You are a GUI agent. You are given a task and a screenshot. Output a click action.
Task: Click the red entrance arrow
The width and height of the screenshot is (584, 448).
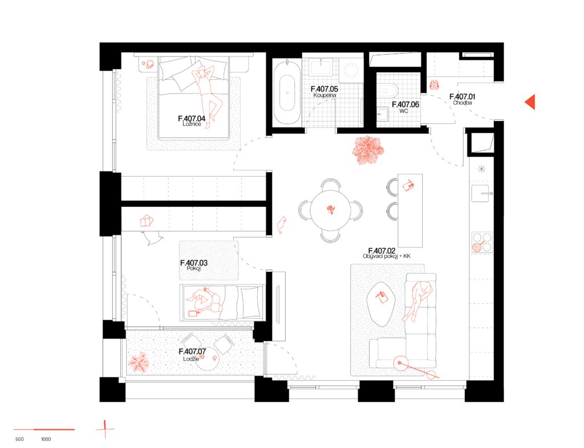(x=530, y=102)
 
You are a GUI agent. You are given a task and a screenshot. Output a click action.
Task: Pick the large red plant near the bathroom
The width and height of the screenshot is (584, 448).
(x=368, y=150)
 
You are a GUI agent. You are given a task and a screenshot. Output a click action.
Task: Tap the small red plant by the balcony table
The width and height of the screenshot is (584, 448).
(x=139, y=363)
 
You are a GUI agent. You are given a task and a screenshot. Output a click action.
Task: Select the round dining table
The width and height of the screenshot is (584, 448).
(x=331, y=210)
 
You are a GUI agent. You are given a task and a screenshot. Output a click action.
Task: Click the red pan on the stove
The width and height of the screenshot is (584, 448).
(x=478, y=247)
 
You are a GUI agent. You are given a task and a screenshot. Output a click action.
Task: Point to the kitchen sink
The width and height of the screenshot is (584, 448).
(x=480, y=193)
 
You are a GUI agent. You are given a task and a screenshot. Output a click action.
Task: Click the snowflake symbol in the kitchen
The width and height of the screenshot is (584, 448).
(x=481, y=169)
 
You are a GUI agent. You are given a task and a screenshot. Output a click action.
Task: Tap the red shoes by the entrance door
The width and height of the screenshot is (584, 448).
(x=435, y=85)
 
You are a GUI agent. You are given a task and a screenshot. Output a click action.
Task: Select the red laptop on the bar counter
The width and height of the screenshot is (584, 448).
(x=408, y=185)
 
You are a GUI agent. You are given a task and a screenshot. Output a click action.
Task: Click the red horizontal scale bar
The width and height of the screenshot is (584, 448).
(x=44, y=429)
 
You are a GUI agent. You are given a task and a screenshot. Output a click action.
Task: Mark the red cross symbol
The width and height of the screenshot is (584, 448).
(x=105, y=429)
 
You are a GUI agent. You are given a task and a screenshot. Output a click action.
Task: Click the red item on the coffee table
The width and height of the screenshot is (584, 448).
(x=382, y=297)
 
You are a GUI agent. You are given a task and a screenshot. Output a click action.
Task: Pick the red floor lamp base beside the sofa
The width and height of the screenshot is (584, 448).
(x=401, y=363)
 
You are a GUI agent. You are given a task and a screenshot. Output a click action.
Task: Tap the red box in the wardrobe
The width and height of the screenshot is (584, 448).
(x=147, y=221)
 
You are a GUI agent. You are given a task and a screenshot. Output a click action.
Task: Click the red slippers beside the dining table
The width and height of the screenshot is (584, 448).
(x=281, y=225)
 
